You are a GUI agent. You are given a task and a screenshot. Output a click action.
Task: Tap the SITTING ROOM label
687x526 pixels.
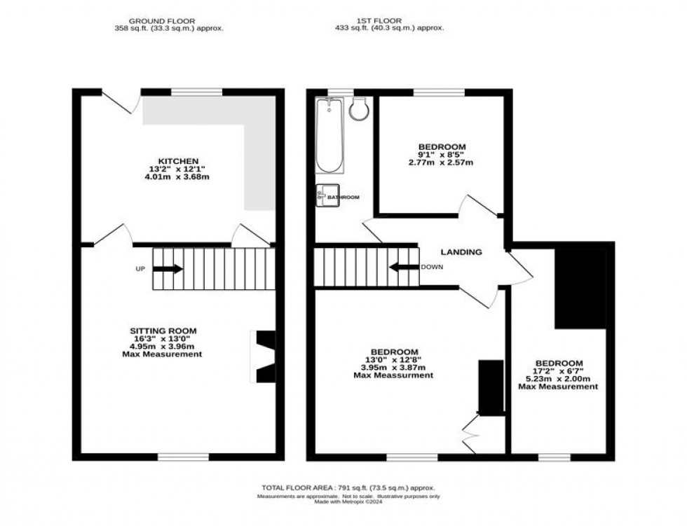[x=163, y=331]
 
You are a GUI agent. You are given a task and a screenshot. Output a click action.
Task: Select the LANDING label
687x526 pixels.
[x=461, y=252]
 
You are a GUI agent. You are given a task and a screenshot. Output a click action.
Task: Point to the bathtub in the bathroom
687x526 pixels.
[x=329, y=136]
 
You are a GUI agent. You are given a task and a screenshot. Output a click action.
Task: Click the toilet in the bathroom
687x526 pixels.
[x=360, y=109]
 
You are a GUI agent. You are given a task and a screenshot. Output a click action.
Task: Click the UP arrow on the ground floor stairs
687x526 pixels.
[x=168, y=269]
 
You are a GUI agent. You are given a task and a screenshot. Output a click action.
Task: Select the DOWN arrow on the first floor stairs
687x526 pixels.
[x=404, y=267]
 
